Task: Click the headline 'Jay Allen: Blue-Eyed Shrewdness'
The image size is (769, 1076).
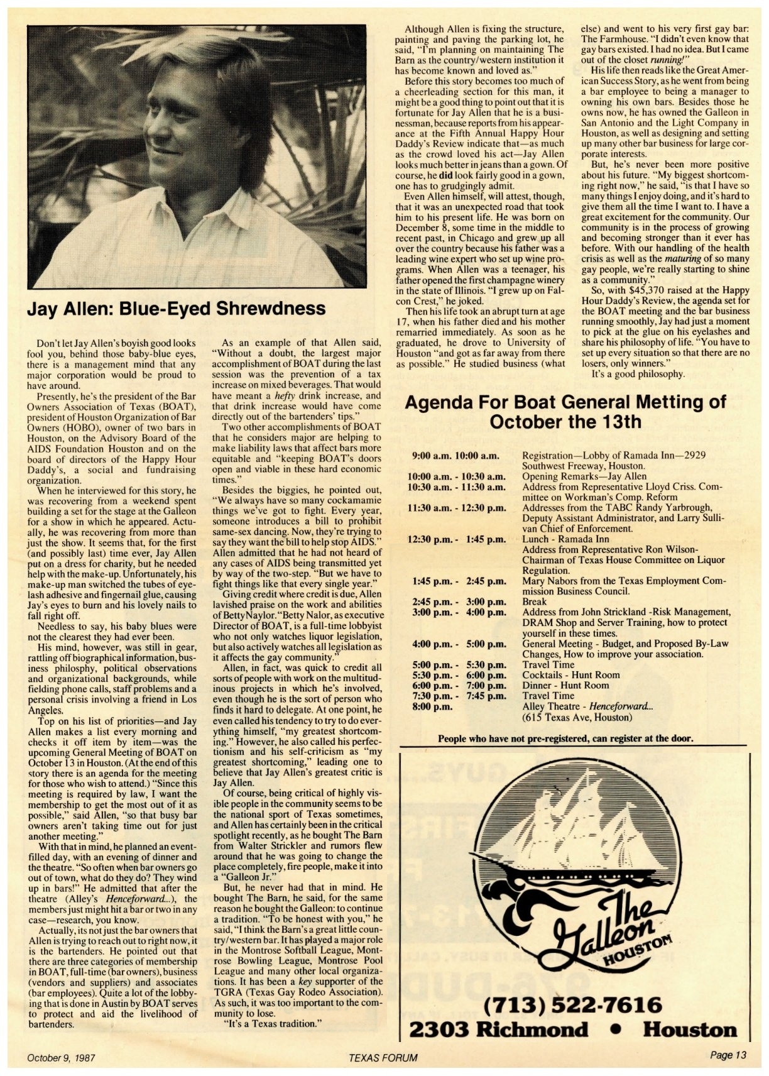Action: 177,309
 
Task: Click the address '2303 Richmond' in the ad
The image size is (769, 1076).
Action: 499,1029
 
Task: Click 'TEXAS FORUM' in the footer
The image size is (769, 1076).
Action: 384,1057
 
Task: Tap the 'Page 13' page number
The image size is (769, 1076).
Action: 728,1056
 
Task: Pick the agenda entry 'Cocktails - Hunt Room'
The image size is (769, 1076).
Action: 570,674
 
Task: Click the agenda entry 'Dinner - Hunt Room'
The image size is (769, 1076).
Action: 565,685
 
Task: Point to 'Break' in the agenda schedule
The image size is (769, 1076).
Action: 535,601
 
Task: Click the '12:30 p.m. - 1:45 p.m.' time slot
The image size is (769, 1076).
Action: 457,539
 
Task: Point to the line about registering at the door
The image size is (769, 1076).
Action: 565,738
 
